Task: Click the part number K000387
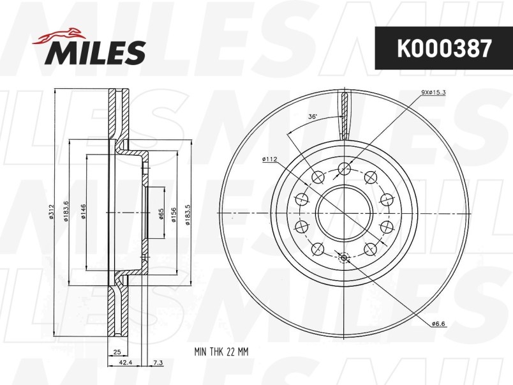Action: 444,49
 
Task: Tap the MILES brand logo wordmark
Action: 95,52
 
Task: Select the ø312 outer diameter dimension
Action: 51,211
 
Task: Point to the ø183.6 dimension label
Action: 66,211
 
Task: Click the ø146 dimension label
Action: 83,211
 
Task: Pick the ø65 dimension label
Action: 161,214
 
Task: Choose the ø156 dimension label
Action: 174,215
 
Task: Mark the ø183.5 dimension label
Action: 188,215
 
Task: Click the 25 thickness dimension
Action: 117,352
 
